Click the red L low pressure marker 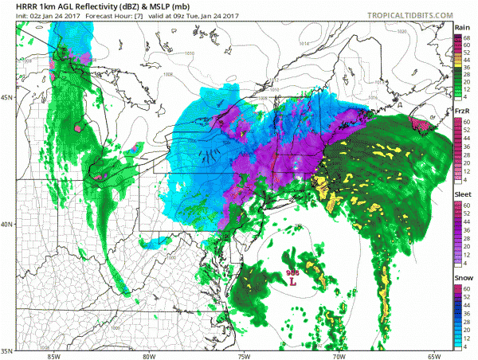coord(292,281)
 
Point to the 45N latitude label coord(6,97)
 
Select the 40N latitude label coord(6,224)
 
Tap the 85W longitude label coord(53,355)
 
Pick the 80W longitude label coord(148,355)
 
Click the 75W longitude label coord(243,355)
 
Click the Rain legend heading coord(462,28)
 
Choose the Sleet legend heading coord(462,192)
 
